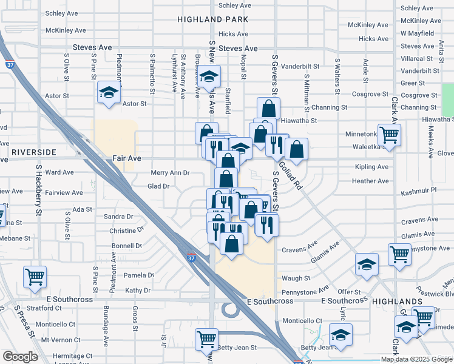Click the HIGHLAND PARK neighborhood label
coord(213,19)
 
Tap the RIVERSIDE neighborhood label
coord(33,152)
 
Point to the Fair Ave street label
coord(127,158)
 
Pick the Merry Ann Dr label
coord(170,173)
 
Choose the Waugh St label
coord(296,278)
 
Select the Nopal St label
coord(243,68)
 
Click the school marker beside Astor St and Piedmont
coord(109,93)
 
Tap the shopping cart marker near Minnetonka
coord(389,134)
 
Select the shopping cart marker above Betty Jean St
coord(207,339)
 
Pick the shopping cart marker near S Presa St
coord(35,277)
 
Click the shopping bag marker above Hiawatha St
coord(268,109)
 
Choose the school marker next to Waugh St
coord(367,265)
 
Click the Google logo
coord(21,357)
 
